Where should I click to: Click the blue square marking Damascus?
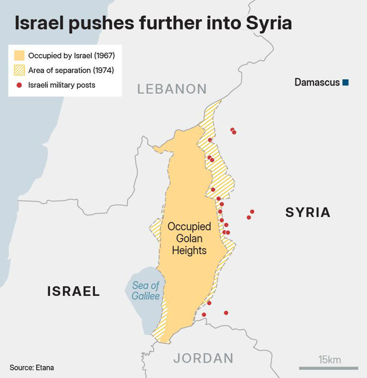tap(345, 83)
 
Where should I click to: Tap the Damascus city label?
tap(317, 82)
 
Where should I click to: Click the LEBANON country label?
tap(172, 89)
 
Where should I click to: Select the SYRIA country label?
tap(308, 212)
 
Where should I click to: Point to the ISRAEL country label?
tap(74, 291)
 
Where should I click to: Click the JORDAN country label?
tap(203, 358)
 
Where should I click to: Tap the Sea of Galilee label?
tap(146, 291)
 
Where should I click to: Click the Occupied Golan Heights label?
tap(189, 238)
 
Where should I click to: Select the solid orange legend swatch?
tap(19, 55)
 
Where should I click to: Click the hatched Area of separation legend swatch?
tap(19, 70)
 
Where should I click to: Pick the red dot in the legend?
tap(19, 85)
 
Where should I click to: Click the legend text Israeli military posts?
tap(62, 85)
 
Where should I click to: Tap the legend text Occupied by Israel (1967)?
tap(71, 55)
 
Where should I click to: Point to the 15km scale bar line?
tap(328, 368)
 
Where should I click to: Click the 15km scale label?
tap(329, 359)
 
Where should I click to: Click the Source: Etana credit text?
tap(32, 367)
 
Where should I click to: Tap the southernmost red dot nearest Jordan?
tap(204, 314)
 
